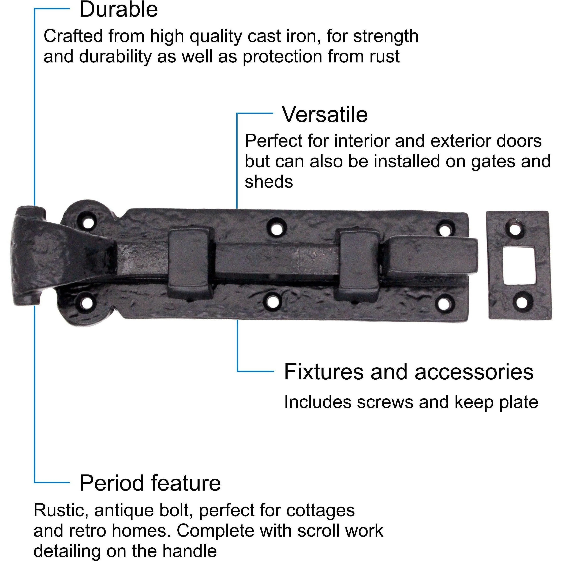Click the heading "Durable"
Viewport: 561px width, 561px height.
click(118, 10)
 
